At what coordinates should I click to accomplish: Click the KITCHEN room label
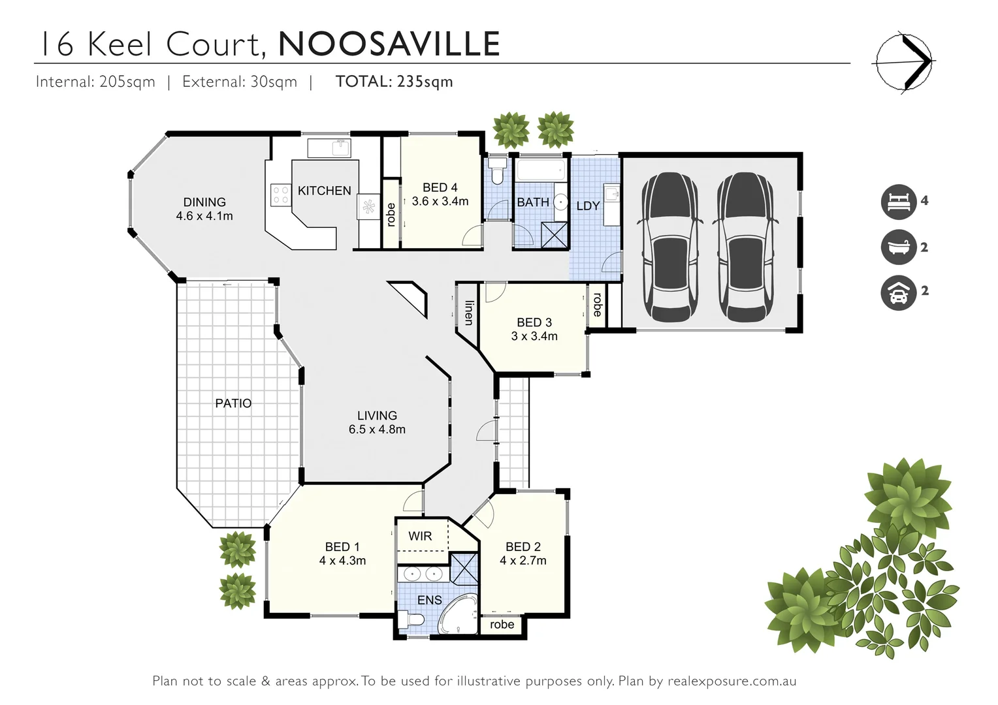(324, 191)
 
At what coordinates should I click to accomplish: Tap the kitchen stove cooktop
(280, 195)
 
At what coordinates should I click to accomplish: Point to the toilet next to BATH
(497, 171)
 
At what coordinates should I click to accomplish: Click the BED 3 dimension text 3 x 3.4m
(534, 336)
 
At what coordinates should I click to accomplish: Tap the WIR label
(420, 536)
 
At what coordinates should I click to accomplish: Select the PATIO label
(233, 403)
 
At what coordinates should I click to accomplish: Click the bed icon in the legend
(899, 202)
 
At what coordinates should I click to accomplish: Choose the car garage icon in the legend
(899, 292)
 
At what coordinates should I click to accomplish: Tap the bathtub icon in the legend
(899, 247)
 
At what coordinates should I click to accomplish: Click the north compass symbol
(904, 62)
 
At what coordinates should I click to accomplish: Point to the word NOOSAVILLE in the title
(389, 44)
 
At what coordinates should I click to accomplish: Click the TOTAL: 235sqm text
(394, 82)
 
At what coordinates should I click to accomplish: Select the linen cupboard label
(468, 312)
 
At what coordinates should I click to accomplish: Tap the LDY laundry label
(588, 206)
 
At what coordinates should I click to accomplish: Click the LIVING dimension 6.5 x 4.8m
(377, 430)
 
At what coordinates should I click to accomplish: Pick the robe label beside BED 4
(391, 214)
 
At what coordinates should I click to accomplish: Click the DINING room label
(204, 202)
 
